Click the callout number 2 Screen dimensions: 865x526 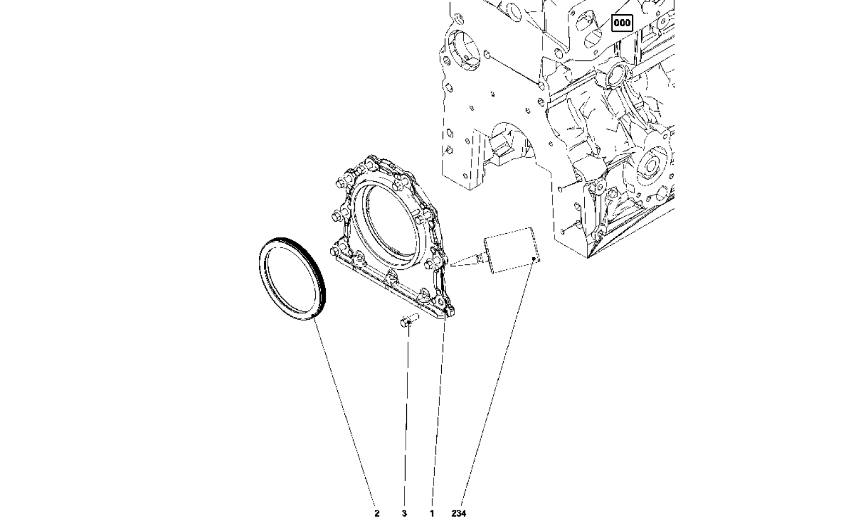(x=377, y=513)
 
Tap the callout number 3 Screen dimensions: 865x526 (x=405, y=513)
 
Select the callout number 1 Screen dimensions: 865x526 (x=432, y=513)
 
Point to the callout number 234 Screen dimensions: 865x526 (x=459, y=513)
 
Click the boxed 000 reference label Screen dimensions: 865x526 (x=622, y=23)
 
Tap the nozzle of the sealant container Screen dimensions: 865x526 (x=481, y=257)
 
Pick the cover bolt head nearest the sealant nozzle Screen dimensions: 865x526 (x=430, y=264)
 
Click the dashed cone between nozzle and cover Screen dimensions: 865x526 (x=464, y=261)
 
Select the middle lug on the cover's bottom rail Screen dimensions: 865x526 (x=390, y=279)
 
